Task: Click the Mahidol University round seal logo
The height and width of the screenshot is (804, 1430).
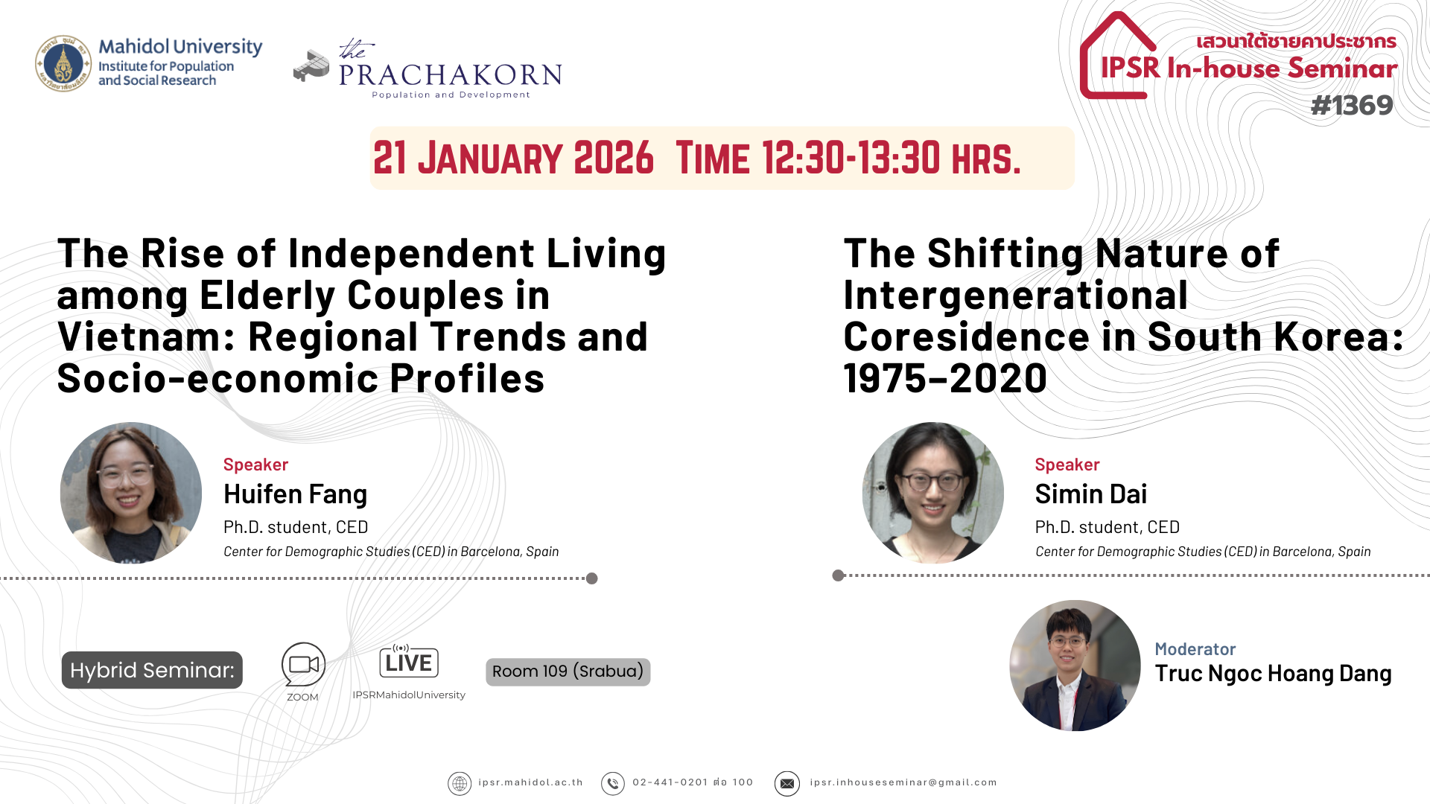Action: click(63, 63)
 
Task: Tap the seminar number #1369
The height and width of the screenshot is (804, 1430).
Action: click(1352, 106)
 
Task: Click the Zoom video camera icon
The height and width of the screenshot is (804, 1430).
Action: click(303, 664)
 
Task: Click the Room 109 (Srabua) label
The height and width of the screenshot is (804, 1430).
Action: click(568, 671)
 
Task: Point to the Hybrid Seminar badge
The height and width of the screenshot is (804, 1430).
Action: click(152, 670)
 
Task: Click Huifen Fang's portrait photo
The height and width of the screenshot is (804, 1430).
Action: click(131, 493)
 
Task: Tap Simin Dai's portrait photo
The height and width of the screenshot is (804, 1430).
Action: click(933, 493)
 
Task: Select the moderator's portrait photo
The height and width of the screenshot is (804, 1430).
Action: click(1075, 666)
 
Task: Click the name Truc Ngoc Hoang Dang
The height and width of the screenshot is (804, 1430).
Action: click(1273, 674)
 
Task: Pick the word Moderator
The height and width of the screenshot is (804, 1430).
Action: click(1195, 649)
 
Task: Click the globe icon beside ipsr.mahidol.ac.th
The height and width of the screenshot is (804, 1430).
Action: click(460, 783)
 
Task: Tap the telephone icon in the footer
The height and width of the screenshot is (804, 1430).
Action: click(613, 783)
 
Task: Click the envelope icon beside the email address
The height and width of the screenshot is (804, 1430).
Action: click(787, 783)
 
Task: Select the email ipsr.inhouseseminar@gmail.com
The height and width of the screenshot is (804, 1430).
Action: click(903, 782)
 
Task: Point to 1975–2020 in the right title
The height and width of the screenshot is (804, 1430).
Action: click(945, 378)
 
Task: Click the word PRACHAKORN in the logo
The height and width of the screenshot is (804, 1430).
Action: click(451, 75)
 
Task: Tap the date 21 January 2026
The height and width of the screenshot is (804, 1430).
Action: click(513, 158)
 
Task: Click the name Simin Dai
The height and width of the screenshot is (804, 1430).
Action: click(1091, 494)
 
